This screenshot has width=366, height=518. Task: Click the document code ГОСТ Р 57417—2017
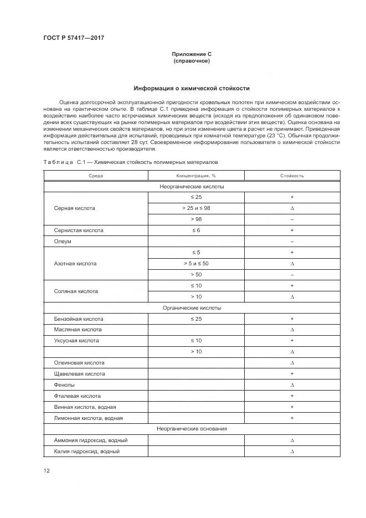click(74, 38)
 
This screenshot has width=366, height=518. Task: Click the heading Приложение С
click(192, 54)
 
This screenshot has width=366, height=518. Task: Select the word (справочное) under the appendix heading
click(192, 61)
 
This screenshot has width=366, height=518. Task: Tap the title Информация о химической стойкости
click(192, 88)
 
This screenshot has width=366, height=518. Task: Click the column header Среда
click(96, 176)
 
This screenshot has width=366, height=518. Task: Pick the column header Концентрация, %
click(192, 176)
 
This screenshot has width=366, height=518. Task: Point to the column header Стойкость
click(292, 176)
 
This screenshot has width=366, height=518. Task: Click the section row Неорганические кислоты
click(192, 187)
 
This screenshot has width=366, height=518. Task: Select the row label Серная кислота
click(74, 208)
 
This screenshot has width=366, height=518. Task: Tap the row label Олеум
click(63, 242)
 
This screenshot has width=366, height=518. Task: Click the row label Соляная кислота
click(76, 291)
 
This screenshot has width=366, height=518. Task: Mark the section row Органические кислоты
click(192, 307)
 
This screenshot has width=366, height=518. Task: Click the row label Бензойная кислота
click(79, 319)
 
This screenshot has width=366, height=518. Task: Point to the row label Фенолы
click(64, 385)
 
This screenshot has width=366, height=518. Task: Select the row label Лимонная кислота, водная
click(88, 418)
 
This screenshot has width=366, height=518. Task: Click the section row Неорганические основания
click(192, 429)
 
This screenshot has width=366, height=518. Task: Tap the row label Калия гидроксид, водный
click(87, 451)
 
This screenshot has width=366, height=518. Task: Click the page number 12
click(47, 471)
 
